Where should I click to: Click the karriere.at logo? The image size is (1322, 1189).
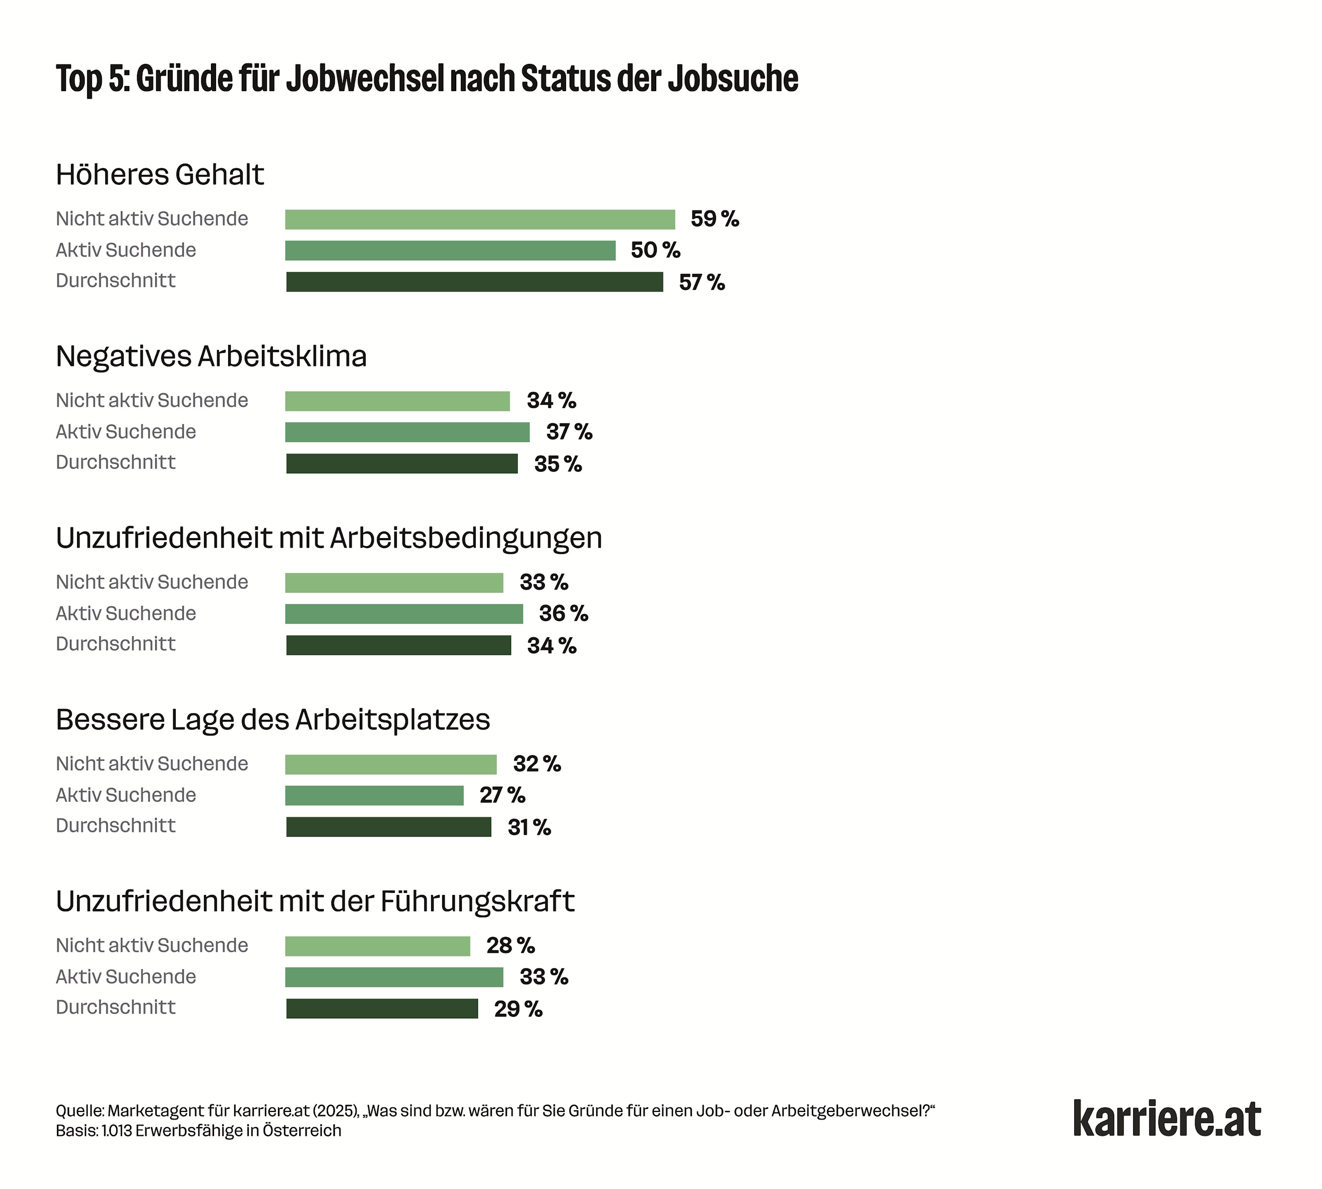1166,1119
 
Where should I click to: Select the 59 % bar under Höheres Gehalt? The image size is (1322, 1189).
479,219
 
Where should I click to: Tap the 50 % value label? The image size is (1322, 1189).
655,250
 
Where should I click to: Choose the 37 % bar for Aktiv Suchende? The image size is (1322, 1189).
407,432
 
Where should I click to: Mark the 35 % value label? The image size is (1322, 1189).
558,464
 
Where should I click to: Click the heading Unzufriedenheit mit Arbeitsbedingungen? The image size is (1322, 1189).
329,538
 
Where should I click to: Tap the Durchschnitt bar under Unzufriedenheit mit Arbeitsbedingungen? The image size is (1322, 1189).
399,645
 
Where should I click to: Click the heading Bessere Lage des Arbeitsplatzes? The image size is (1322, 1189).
272,720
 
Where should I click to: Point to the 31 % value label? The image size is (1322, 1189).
529,827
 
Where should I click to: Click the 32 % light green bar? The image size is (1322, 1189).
391,764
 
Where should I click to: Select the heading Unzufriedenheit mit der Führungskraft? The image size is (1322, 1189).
315,902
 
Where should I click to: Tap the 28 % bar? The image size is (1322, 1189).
377,946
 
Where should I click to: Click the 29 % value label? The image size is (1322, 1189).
518,1009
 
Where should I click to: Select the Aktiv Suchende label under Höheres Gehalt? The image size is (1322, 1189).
125,250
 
